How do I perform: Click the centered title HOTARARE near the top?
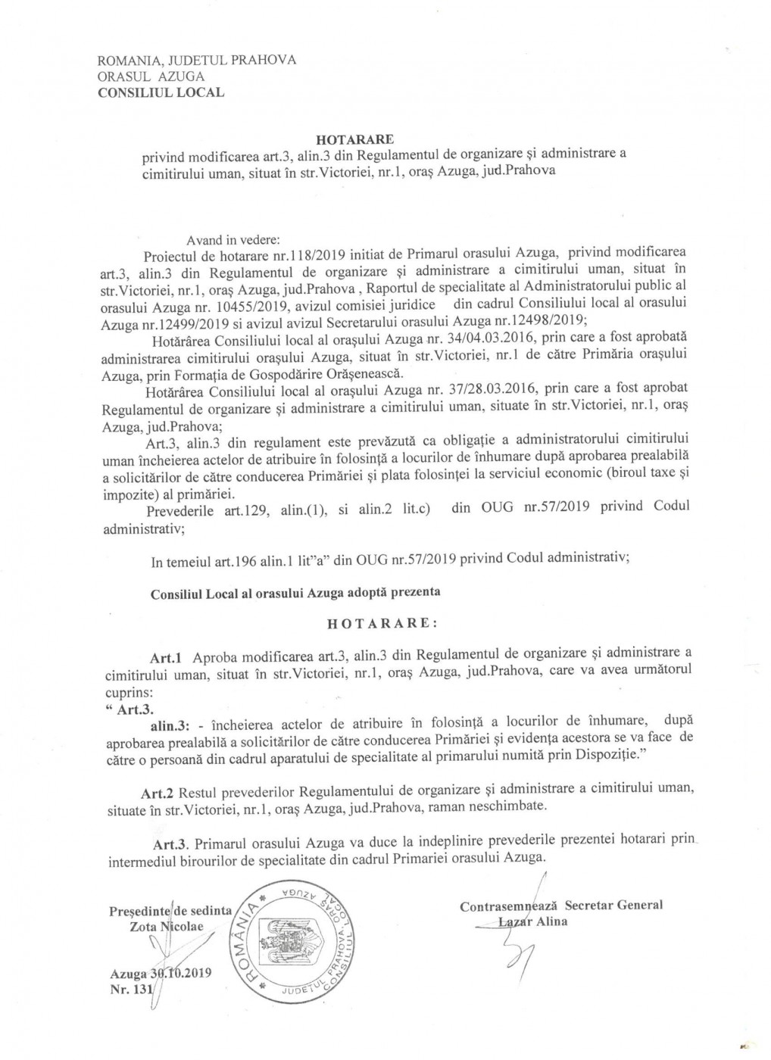pos(353,140)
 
